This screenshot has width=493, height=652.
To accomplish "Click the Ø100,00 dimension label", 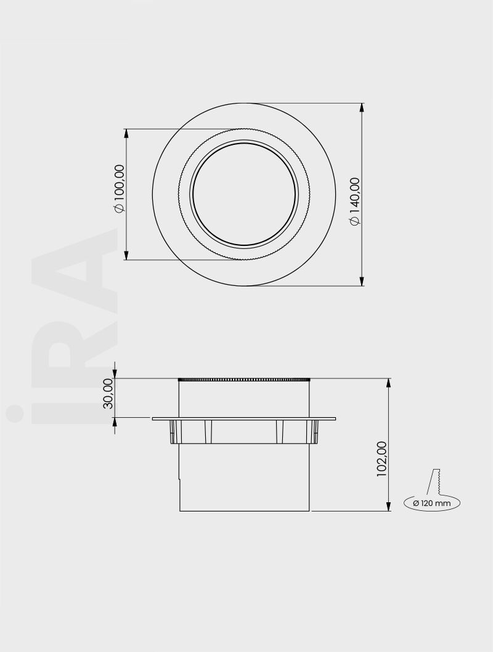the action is pyautogui.click(x=119, y=189).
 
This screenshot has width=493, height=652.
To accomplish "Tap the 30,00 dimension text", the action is pyautogui.click(x=108, y=393).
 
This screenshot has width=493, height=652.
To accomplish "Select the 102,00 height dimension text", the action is pyautogui.click(x=381, y=459).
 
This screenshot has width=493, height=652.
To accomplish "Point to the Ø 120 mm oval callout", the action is pyautogui.click(x=432, y=503).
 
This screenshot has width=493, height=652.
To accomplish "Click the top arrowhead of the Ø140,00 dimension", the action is pyautogui.click(x=362, y=107).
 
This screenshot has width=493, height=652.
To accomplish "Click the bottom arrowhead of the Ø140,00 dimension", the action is pyautogui.click(x=362, y=282).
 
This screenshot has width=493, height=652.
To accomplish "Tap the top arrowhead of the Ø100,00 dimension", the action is pyautogui.click(x=126, y=133).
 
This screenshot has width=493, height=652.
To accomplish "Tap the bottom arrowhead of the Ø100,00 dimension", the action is pyautogui.click(x=126, y=255).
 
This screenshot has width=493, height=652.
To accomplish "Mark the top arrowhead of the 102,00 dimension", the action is pyautogui.click(x=389, y=383).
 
